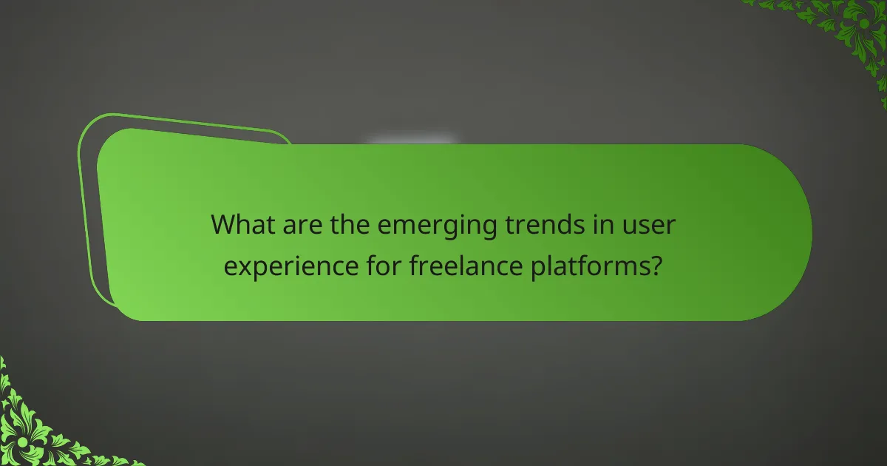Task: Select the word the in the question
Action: tap(344, 225)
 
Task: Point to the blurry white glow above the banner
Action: tap(411, 140)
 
